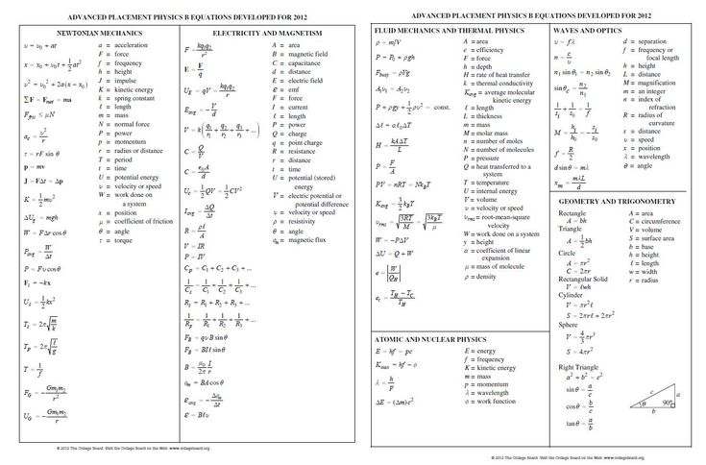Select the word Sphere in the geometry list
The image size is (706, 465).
[568, 325]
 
